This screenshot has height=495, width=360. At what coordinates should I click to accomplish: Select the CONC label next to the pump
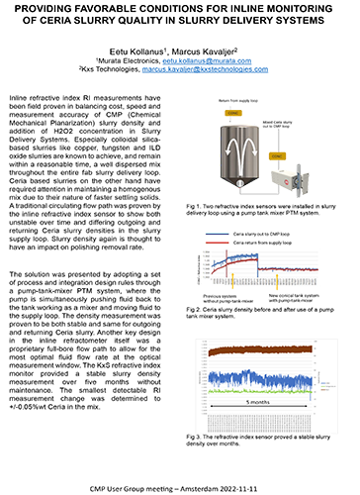[x=279, y=156]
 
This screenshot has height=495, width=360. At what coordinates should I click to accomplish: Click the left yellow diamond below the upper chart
[x=232, y=289]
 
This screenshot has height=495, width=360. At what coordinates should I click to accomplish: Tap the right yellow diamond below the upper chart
[x=278, y=289]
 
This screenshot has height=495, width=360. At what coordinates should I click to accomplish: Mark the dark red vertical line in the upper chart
[x=258, y=264]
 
